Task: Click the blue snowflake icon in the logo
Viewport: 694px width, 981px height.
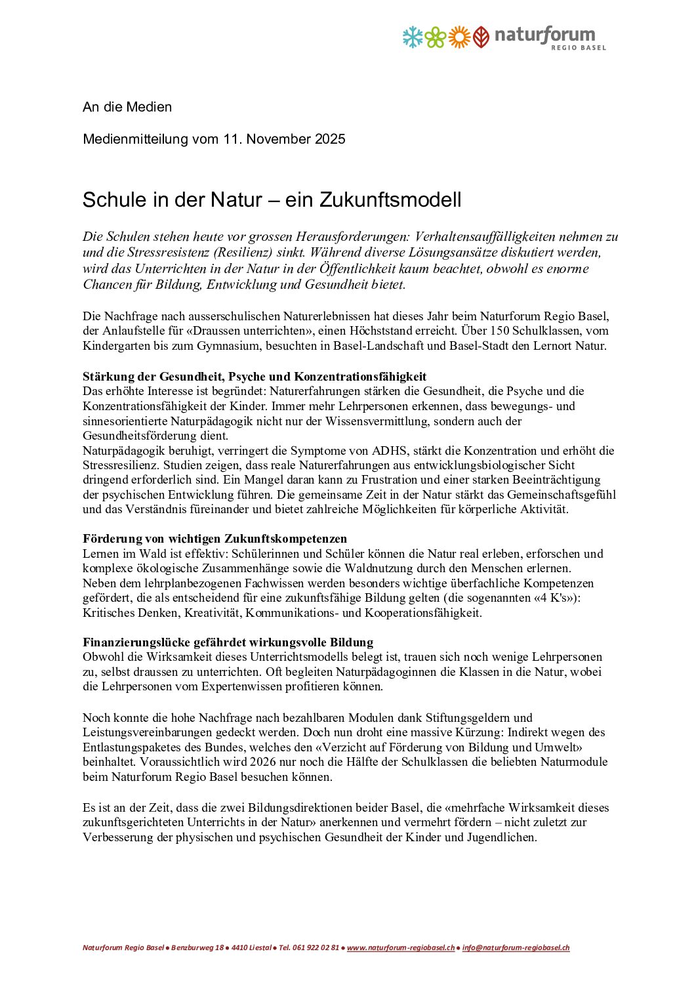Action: coord(413,37)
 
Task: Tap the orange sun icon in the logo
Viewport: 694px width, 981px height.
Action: coord(459,37)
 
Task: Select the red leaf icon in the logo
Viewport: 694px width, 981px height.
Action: coord(481,37)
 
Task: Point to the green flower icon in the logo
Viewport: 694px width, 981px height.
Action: coord(436,37)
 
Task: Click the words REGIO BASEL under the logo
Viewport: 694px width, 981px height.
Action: coord(578,48)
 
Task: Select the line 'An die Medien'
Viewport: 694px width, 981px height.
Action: coord(127,107)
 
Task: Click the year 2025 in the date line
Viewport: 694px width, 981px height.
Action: coord(330,139)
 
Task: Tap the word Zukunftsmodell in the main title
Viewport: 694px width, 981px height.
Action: coord(390,200)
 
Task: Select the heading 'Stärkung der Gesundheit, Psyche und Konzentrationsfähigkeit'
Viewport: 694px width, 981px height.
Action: coord(255,377)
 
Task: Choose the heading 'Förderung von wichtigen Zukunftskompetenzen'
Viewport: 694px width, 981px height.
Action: coord(214,539)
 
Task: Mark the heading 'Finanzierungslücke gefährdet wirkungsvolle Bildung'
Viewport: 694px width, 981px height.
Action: coord(228,642)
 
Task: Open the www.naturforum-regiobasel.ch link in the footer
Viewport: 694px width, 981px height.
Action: coord(401,948)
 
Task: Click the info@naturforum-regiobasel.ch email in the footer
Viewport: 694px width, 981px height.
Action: coord(516,948)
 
